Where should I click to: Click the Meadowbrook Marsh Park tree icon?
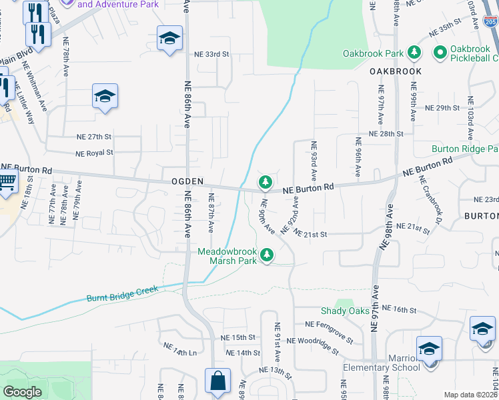tap(267, 255)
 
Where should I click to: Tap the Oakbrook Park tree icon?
tap(414, 53)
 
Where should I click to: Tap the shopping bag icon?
tap(217, 382)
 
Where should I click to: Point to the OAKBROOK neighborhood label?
tap(397, 71)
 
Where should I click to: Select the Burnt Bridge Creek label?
tap(122, 293)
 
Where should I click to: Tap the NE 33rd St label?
tap(211, 54)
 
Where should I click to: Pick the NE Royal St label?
tap(94, 153)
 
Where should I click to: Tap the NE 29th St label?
tap(442, 107)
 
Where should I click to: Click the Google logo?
tap(22, 392)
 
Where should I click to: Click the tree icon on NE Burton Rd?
tap(266, 181)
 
